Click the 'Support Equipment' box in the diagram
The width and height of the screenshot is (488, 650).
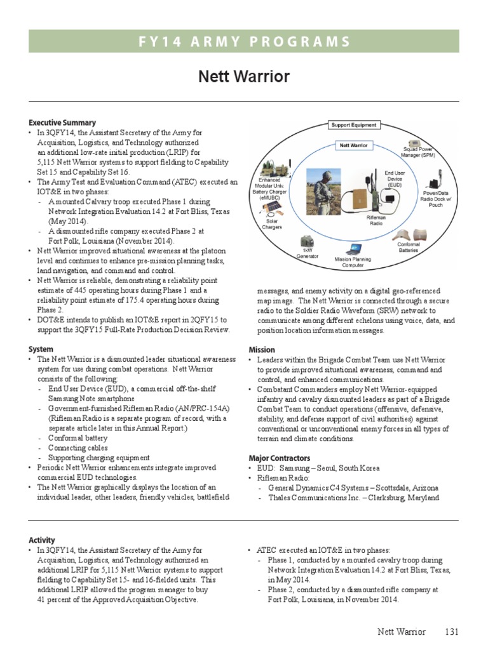(x=354, y=125)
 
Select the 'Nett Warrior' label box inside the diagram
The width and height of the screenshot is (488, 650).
(x=353, y=145)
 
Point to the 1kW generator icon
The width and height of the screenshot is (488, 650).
(x=306, y=243)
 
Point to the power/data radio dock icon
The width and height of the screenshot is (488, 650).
(x=438, y=177)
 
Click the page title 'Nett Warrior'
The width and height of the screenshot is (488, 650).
(x=244, y=77)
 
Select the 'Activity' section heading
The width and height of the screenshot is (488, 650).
(x=42, y=540)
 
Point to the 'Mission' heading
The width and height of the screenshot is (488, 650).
(x=262, y=349)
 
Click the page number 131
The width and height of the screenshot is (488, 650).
(x=451, y=632)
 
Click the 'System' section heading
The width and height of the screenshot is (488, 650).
(x=41, y=349)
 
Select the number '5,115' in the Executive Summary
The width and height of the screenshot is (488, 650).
(x=48, y=162)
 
